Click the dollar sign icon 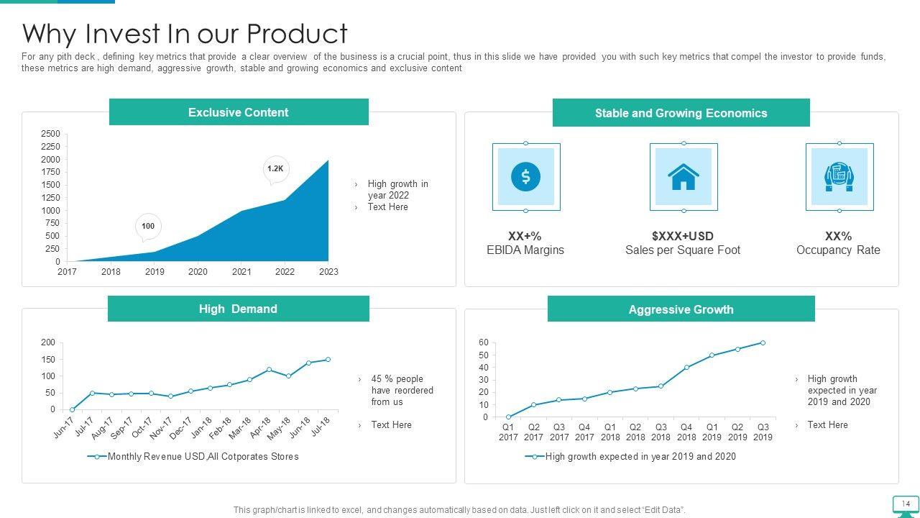point(525,176)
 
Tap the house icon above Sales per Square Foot point(683,176)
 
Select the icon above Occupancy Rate point(839,176)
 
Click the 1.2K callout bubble point(275,169)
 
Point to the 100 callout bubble point(148,226)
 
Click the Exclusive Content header point(238,112)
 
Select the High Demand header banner point(238,309)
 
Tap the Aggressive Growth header point(681,309)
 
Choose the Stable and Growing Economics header point(681,113)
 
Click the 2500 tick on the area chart point(51,134)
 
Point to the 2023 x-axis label point(328,272)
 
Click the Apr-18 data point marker point(269,370)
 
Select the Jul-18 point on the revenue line point(328,360)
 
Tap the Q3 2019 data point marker point(763,343)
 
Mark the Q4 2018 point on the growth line point(686,368)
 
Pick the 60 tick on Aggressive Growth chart point(484,342)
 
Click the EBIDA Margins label point(525,250)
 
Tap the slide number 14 point(906,504)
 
